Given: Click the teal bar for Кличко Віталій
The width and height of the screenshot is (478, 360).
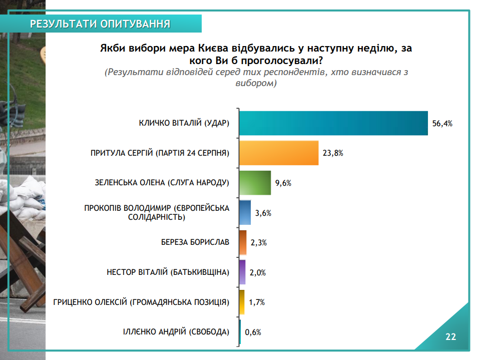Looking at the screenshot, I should tap(333, 123).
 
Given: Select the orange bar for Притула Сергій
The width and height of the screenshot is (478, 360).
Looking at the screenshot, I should tap(279, 153).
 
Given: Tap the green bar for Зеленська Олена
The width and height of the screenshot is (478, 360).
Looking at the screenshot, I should tap(255, 183).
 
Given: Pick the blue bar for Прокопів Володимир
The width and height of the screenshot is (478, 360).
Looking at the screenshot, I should tap(245, 213).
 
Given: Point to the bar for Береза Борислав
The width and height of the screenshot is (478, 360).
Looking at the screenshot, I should tap(243, 243).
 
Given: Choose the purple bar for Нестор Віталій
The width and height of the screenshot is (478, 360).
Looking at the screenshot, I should tap(243, 272).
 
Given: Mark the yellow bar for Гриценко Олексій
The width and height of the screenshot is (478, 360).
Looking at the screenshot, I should tap(242, 302).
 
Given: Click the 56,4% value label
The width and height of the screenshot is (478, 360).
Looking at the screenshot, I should tap(442, 124).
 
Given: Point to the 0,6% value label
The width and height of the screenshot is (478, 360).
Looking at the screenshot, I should tap(253, 332).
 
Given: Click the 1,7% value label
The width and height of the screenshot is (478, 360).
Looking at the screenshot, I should tap(257, 302).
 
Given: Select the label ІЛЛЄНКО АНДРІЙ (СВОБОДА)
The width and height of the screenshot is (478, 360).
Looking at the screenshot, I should tap(176, 332).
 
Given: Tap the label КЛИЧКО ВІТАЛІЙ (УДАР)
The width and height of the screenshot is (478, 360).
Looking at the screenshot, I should tap(184, 124).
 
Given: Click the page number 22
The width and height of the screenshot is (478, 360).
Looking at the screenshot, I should tap(451, 336).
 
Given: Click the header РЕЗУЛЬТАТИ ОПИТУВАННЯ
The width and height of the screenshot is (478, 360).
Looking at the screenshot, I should tap(100, 24).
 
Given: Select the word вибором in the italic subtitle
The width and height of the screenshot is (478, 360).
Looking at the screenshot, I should tap(256, 83).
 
